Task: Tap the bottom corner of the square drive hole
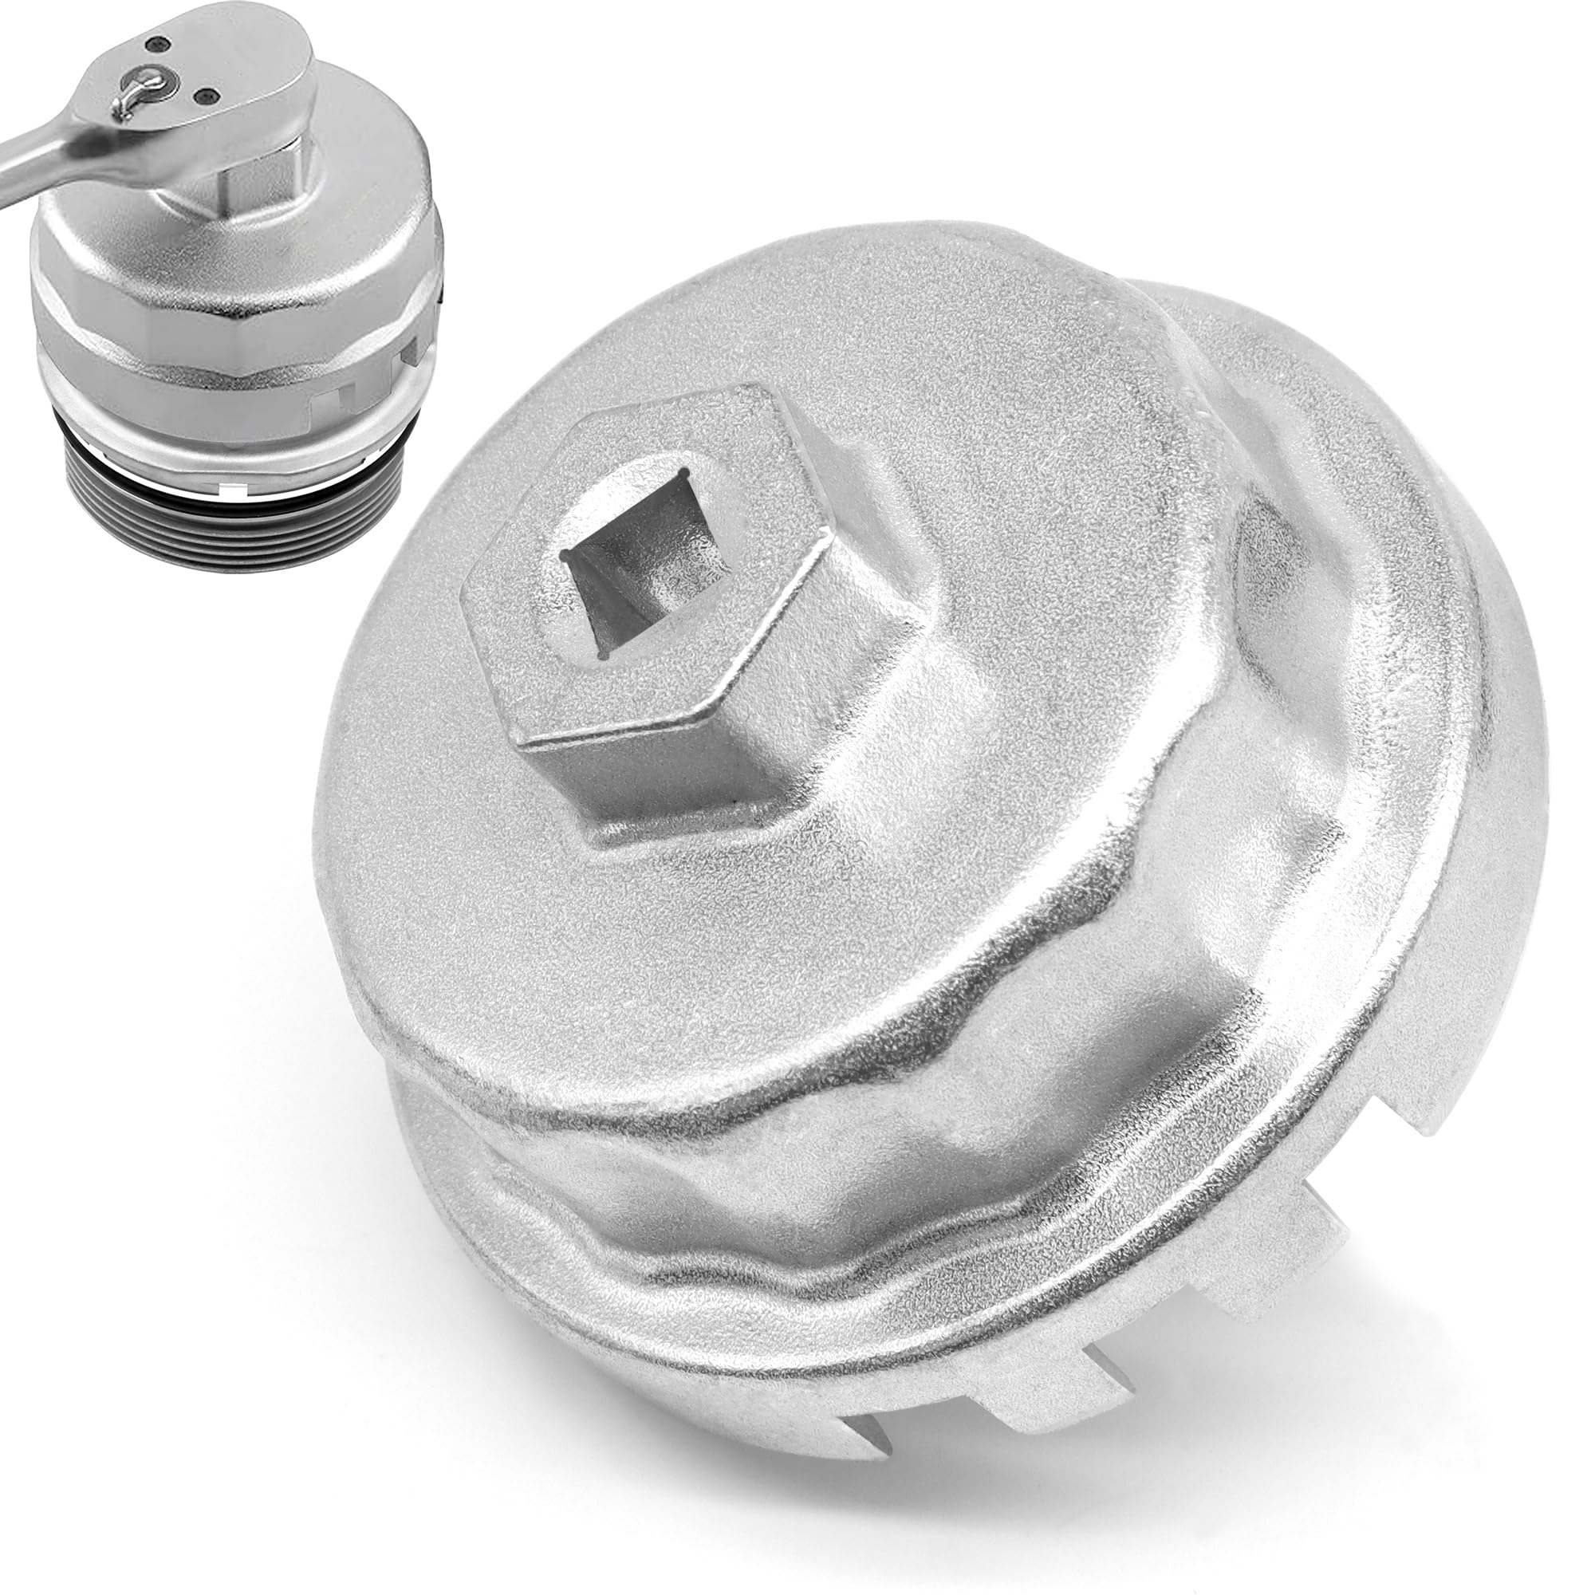coord(607,656)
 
